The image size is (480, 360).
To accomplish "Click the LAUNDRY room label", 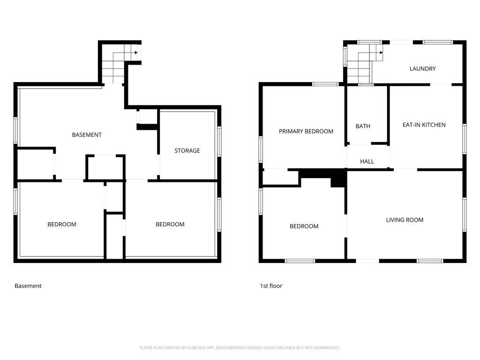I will pyautogui.click(x=422, y=68).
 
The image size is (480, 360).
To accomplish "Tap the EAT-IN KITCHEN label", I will pyautogui.click(x=424, y=125).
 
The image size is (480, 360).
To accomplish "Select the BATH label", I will pyautogui.click(x=363, y=126).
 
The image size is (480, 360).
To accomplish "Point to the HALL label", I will pyautogui.click(x=367, y=161).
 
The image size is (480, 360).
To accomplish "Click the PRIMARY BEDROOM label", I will pyautogui.click(x=306, y=131).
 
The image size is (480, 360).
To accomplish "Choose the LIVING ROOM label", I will pyautogui.click(x=405, y=220).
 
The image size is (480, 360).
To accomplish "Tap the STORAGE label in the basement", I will pyautogui.click(x=187, y=150).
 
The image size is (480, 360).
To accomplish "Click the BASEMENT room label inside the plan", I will pyautogui.click(x=87, y=135).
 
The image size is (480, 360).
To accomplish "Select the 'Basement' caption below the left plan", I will pyautogui.click(x=28, y=286).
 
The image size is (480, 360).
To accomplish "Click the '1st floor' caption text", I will pyautogui.click(x=271, y=286).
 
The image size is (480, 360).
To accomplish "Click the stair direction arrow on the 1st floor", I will pyautogui.click(x=381, y=52).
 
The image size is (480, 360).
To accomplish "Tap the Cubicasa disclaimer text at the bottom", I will pyautogui.click(x=240, y=348).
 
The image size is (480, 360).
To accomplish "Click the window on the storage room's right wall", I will pyautogui.click(x=219, y=142).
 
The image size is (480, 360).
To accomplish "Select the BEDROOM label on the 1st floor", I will pyautogui.click(x=304, y=226).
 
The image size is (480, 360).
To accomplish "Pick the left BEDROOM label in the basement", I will pyautogui.click(x=62, y=224).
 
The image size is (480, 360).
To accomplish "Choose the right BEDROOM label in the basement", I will pyautogui.click(x=170, y=224).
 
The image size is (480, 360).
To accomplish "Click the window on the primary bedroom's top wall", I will pyautogui.click(x=325, y=84).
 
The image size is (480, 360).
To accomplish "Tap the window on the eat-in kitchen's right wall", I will pyautogui.click(x=464, y=139).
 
